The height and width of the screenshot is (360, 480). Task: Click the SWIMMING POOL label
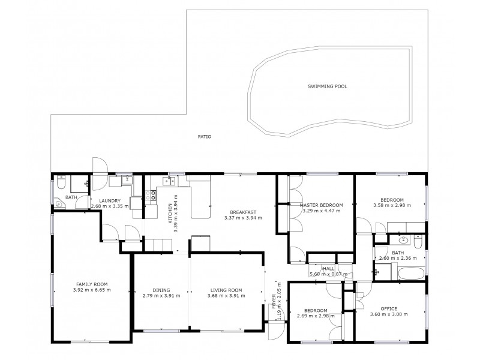point(327,86)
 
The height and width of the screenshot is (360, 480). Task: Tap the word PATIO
point(204,137)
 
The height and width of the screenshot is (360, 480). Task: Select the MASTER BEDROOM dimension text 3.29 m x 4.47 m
point(320,211)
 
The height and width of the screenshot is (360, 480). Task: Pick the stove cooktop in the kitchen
point(152,194)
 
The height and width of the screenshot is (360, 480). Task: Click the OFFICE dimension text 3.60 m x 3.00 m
point(384,314)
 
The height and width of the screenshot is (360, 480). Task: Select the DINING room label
point(161,289)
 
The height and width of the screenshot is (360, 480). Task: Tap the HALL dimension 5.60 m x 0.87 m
point(329,275)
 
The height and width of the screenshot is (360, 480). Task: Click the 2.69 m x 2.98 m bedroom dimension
point(315,316)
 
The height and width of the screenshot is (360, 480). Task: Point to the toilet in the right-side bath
point(419,242)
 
